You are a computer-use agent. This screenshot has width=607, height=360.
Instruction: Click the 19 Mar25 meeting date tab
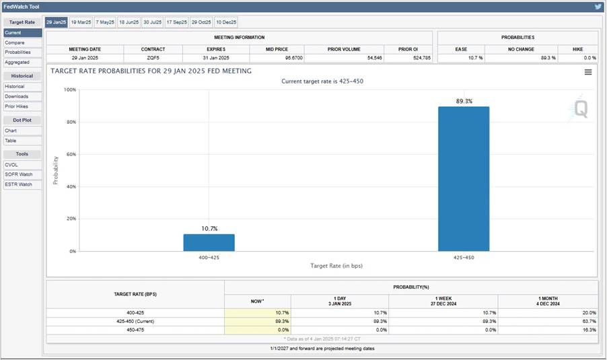tap(81, 22)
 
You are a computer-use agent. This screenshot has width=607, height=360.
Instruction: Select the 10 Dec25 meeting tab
tap(226, 22)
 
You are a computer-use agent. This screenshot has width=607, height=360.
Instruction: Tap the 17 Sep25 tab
tap(176, 22)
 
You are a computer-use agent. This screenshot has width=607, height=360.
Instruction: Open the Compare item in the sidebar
tap(22, 42)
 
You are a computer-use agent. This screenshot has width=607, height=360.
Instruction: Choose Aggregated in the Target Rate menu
tap(22, 63)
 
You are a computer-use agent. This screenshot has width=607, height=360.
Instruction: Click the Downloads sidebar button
tap(22, 96)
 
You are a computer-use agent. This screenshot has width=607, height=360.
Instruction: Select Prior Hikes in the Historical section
tap(22, 106)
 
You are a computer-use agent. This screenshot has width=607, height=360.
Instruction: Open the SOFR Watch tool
tap(22, 174)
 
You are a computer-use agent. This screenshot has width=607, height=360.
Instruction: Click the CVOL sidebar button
tap(22, 165)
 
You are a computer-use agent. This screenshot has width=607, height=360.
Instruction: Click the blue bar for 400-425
tap(209, 243)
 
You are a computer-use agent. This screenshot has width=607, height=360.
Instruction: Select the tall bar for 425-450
tap(464, 179)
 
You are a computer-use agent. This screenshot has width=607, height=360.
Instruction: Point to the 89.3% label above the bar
tap(464, 101)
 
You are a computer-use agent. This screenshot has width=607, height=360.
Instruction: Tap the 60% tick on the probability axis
tap(71, 155)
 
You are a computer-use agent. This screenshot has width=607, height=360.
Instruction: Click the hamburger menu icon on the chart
tap(588, 72)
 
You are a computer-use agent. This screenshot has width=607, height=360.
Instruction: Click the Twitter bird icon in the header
tap(598, 7)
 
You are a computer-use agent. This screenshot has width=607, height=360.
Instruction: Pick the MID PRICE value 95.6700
tap(294, 58)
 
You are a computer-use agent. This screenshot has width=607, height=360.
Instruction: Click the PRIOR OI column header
tap(408, 50)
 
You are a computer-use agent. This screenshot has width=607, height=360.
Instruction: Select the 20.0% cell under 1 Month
tap(590, 313)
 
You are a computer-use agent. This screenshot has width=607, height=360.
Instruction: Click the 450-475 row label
tap(135, 330)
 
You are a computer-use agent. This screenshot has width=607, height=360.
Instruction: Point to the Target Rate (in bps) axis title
tap(336, 266)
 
